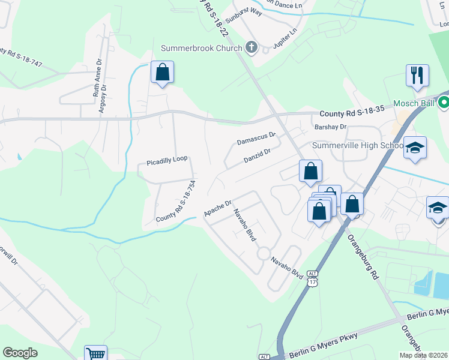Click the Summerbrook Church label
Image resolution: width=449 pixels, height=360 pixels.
pyautogui.click(x=201, y=48)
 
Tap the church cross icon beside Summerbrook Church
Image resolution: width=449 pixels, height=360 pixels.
pyautogui.click(x=252, y=47)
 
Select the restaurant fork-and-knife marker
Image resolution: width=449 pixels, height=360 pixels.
pyautogui.click(x=417, y=76)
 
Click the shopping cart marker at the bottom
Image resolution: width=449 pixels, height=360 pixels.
pyautogui.click(x=95, y=354)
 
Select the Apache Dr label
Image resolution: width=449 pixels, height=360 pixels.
pyautogui.click(x=217, y=208)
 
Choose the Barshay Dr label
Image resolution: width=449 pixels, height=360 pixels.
pyautogui.click(x=331, y=127)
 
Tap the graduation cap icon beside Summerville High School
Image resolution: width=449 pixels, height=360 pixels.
pyautogui.click(x=415, y=148)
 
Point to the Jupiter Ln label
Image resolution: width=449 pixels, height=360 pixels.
pyautogui.click(x=285, y=37)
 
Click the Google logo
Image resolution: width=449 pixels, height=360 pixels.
pyautogui.click(x=20, y=353)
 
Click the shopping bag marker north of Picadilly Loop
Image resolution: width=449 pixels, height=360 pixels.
pyautogui.click(x=162, y=73)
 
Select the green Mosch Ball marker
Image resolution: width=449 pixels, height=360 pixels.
pyautogui.click(x=444, y=103)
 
